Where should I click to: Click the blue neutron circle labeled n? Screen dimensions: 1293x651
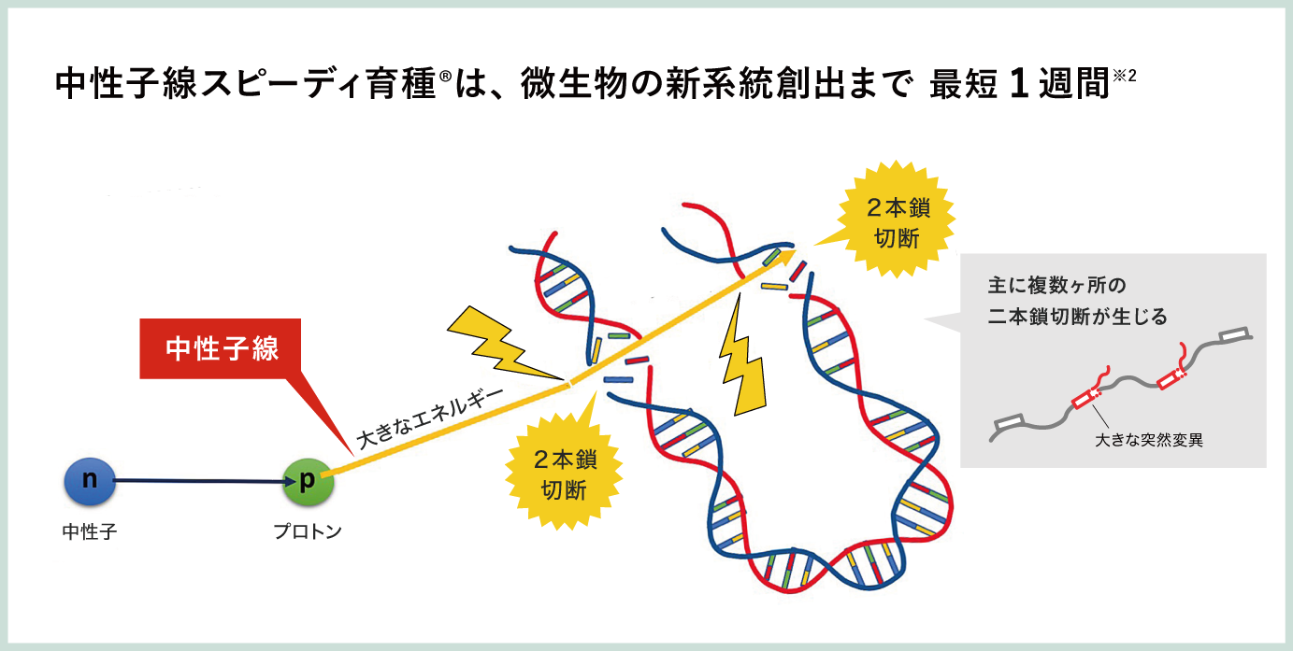(x=90, y=480)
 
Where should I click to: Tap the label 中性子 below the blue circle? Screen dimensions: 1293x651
(x=90, y=532)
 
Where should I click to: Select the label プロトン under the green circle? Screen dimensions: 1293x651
(x=308, y=532)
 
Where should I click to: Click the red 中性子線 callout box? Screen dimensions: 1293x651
(x=222, y=349)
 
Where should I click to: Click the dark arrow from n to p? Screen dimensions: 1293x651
(x=201, y=481)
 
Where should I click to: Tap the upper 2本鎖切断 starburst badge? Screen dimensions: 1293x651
(x=898, y=222)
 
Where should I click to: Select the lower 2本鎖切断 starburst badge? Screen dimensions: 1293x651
(x=564, y=473)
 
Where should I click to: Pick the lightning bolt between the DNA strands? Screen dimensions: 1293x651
(x=741, y=360)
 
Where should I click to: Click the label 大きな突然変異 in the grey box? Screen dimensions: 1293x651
(x=1149, y=439)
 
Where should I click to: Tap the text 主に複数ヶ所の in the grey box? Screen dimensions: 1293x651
(x=1056, y=285)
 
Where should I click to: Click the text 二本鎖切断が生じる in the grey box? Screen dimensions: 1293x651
(x=1078, y=317)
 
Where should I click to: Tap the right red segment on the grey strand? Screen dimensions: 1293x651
(x=1170, y=376)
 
